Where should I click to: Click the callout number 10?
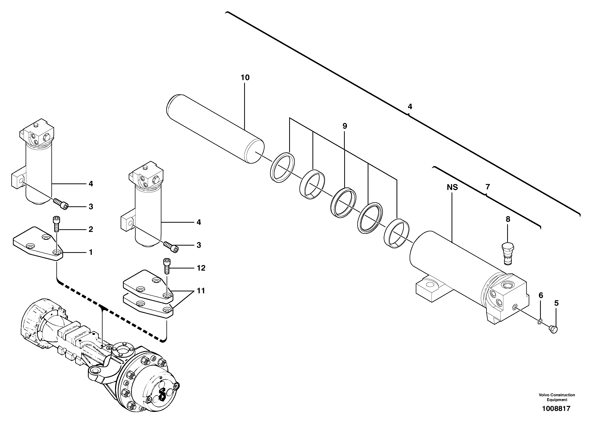pos(245,78)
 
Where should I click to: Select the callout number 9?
pos(345,126)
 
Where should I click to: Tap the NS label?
pos(452,187)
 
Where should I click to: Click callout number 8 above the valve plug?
pos(508,219)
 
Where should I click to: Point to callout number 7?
pos(487,187)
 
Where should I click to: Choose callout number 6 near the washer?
pos(541,296)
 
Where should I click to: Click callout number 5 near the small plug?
pos(556,303)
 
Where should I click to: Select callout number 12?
pos(201,268)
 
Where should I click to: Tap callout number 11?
pos(200,291)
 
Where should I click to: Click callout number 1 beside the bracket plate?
pos(91,252)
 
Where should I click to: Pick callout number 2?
pos(91,229)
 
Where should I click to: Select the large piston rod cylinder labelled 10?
pos(215,129)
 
